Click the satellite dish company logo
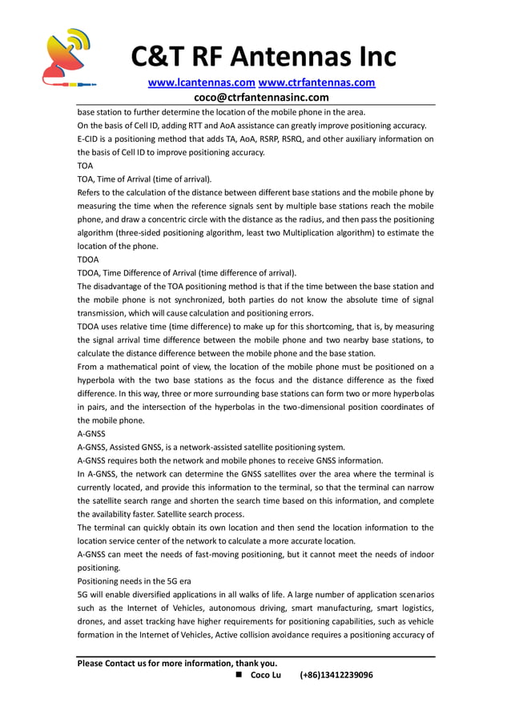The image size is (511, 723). pos(67,57)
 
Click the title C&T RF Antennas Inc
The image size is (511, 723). pos(264,56)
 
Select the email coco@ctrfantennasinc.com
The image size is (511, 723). pos(255,97)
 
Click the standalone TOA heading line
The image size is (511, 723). pos(85,166)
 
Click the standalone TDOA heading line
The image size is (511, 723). pos(88,259)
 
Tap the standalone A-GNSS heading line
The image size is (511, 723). pos(91,433)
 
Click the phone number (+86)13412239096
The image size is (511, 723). pos(336,675)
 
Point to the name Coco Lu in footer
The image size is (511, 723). pos(266,675)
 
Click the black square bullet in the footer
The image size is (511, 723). pos(239,675)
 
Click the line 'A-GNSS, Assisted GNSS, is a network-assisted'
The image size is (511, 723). pos(211,447)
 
